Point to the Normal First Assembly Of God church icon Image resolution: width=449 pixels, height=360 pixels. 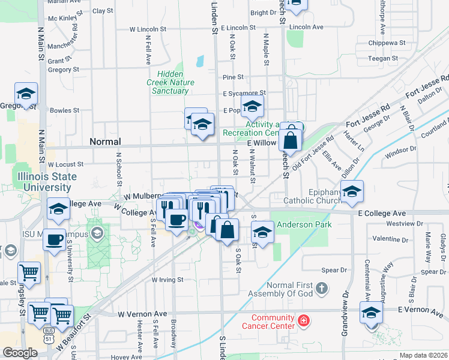point(322,289)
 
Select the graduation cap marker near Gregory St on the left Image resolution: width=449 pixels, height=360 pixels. point(26,94)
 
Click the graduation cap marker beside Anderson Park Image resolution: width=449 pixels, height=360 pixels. point(262,232)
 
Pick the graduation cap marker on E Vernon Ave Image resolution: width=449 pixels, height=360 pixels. point(371,313)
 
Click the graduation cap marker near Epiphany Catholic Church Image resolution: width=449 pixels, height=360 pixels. point(352,191)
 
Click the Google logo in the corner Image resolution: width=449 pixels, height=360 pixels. point(20,353)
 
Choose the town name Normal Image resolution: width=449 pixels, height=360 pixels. point(105,142)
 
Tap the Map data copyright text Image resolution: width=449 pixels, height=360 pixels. point(423,355)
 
